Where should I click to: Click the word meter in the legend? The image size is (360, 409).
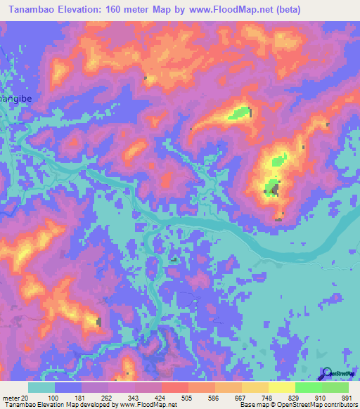coord(13,397)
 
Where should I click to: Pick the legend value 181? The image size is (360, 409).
coord(82,397)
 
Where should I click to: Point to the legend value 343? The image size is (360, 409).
coord(135,397)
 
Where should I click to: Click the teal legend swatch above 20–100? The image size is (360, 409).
coord(41,387)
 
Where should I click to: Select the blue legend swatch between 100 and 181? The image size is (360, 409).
coord(68,387)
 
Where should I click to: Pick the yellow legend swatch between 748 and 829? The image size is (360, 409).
coord(282,387)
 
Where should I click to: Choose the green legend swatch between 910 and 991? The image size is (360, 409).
coord(335,387)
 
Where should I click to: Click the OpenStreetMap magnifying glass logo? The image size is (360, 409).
coord(326,374)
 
